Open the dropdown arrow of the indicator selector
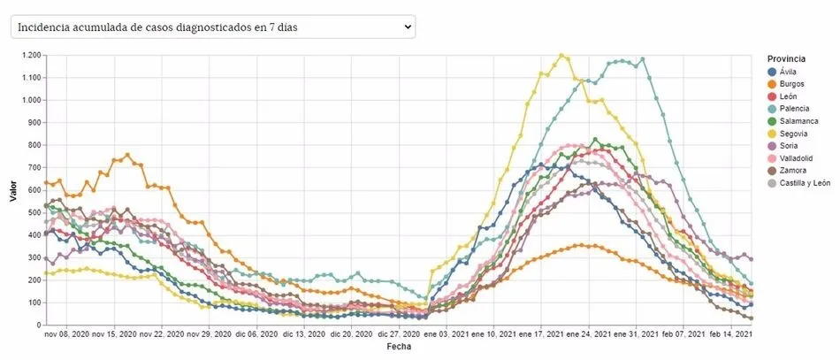click(x=408, y=27)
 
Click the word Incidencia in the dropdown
click(x=42, y=27)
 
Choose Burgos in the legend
click(x=791, y=84)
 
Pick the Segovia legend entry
click(x=793, y=134)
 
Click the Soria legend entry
click(x=788, y=146)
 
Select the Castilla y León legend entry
click(x=804, y=183)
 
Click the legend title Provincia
click(x=786, y=58)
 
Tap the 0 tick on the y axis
click(x=37, y=325)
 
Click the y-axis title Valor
click(x=13, y=190)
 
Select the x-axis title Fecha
click(x=398, y=347)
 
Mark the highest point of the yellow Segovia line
click(x=561, y=56)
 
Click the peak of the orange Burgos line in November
click(x=127, y=155)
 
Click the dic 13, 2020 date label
click(x=308, y=335)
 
